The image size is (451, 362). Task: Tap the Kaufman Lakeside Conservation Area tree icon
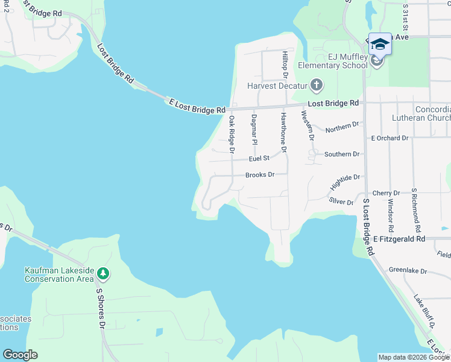(103, 275)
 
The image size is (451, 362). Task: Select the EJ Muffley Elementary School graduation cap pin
(379, 44)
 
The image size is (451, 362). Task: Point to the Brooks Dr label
(260, 175)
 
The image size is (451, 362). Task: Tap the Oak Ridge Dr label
(231, 134)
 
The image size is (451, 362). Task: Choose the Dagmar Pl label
(254, 130)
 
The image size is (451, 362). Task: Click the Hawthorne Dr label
(283, 132)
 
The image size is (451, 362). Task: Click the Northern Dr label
(342, 127)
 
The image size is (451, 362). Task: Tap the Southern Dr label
(342, 154)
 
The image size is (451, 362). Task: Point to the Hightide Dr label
(345, 181)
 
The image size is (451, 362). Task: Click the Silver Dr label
(341, 202)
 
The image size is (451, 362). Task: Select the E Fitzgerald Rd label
(399, 239)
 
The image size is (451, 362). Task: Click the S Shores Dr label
(101, 308)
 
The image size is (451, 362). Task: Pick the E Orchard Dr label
(389, 138)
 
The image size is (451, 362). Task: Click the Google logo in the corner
(20, 354)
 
